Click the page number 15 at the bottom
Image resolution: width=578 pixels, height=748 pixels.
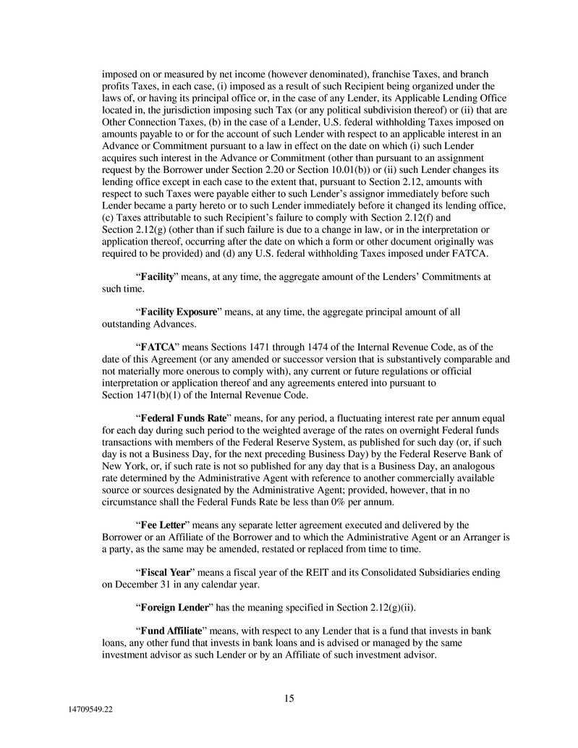pos(289,698)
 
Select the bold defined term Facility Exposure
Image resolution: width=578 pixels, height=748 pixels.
pos(179,312)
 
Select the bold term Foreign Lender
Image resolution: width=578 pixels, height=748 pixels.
pos(174,607)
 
